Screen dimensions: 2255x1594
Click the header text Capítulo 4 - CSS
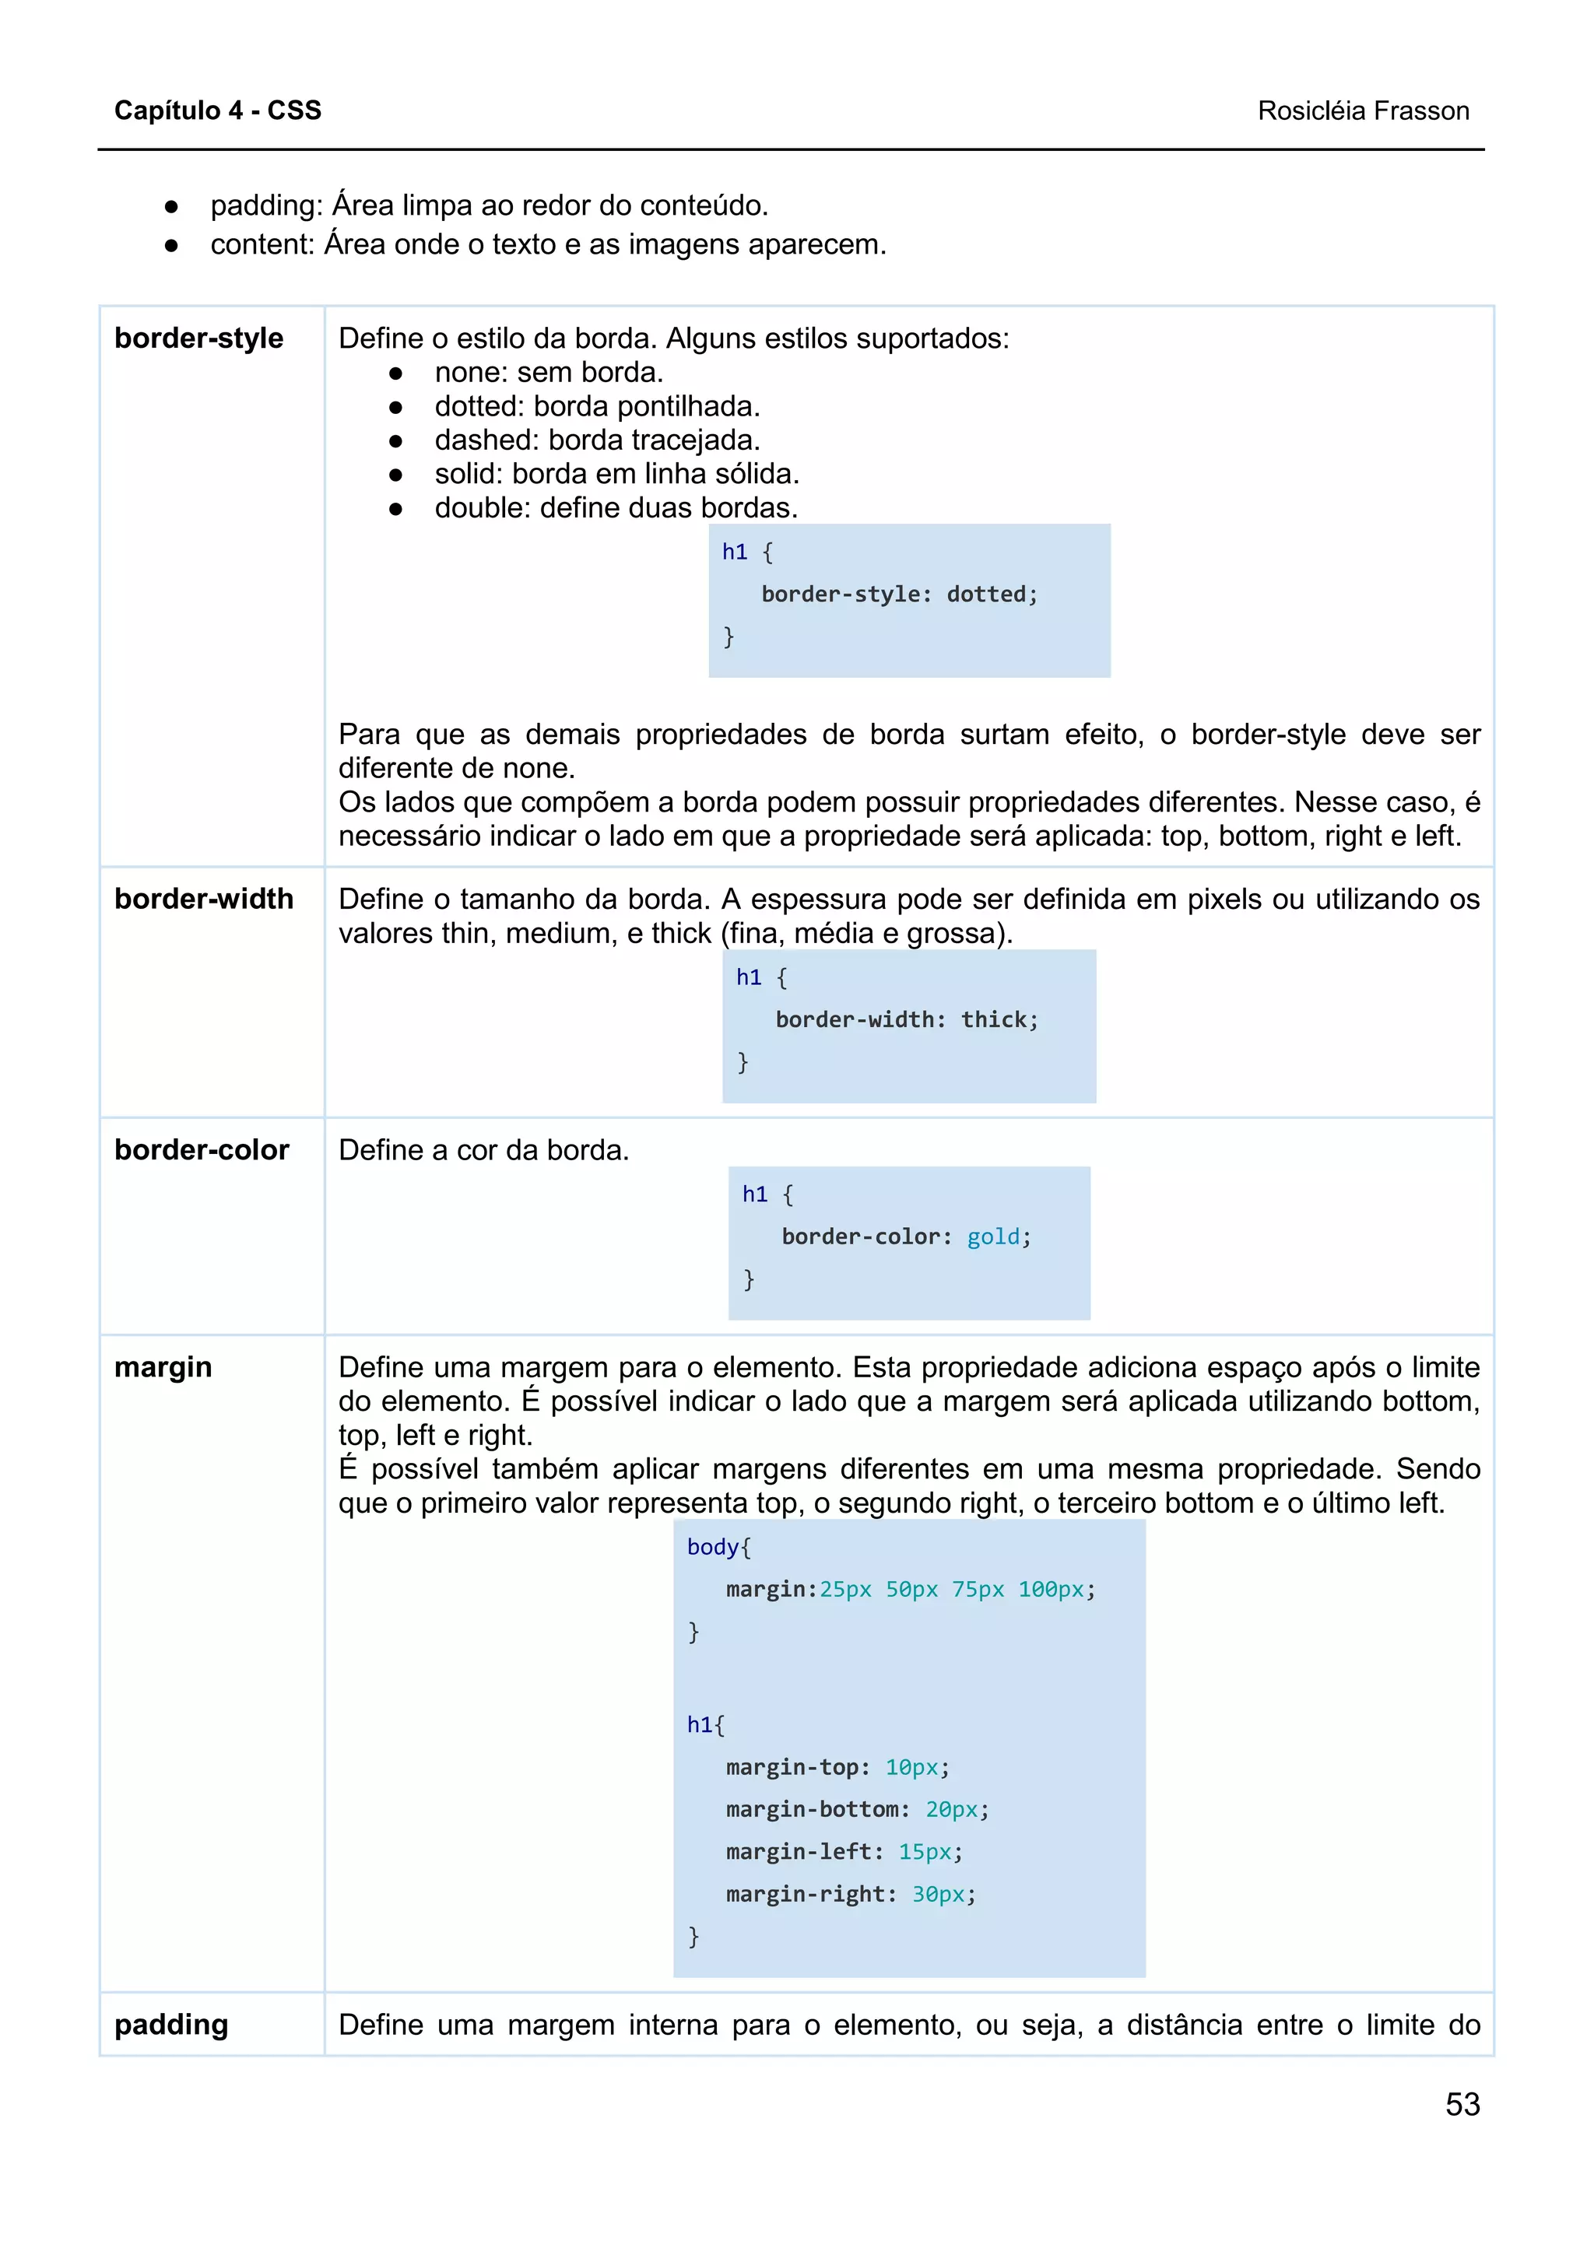pos(217,110)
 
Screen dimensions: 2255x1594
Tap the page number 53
pos(1462,2104)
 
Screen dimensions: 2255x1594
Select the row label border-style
pos(198,338)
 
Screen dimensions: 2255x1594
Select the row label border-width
pos(203,899)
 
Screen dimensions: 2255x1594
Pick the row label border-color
pos(202,1149)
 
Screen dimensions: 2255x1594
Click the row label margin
pos(163,1366)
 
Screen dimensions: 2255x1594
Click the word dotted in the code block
pos(985,594)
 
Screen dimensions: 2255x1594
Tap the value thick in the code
pos(993,1019)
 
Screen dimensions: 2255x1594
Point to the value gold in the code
pos(993,1236)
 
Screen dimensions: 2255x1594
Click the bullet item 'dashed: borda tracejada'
pos(597,440)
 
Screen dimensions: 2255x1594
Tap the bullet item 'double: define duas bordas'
pos(616,508)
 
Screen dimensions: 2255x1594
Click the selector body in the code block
pos(712,1547)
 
